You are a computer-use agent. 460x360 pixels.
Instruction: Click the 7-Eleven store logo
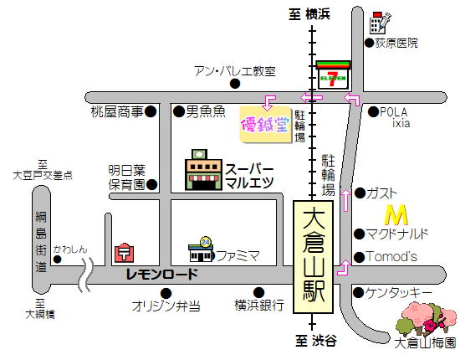point(334,76)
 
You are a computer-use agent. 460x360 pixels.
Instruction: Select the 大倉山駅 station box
point(314,256)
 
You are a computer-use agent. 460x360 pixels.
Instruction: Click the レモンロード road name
point(162,275)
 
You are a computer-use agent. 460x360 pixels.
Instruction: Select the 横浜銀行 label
point(259,306)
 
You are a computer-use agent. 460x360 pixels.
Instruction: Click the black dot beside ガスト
point(360,193)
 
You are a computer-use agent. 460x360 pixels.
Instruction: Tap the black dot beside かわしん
point(57,260)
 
